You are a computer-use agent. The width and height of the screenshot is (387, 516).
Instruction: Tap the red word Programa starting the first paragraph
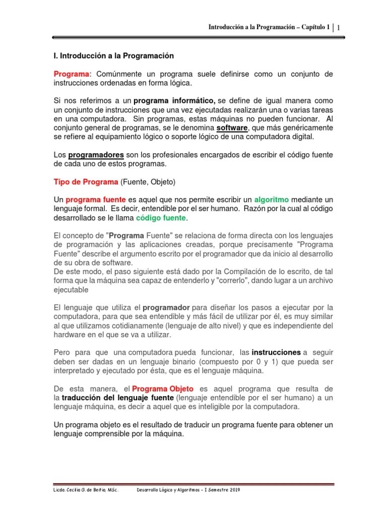tap(71, 74)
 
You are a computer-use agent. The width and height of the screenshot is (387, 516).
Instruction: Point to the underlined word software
tap(231, 128)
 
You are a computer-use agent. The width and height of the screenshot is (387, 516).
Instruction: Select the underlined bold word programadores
tap(96, 155)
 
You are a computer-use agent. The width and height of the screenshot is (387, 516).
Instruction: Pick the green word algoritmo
tap(275, 200)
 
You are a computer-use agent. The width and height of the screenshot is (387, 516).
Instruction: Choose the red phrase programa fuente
tap(96, 200)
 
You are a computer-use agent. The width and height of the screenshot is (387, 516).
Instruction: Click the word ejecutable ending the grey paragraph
tap(71, 290)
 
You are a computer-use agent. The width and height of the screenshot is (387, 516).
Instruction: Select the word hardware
tap(70, 335)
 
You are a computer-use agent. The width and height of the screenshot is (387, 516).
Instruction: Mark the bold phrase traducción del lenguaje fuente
tap(118, 398)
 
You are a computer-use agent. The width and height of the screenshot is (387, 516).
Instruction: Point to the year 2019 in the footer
tap(232, 489)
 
